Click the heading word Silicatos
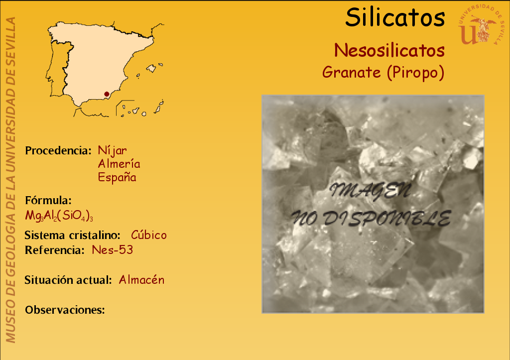395,17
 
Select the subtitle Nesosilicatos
389,50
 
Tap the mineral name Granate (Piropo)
383,73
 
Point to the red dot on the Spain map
107,94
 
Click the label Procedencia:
58,150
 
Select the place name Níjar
112,150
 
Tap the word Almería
119,164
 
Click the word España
117,178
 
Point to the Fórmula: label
48,200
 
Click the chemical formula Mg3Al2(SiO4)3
59,216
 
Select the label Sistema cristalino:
72,235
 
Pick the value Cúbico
148,235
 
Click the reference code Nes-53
112,250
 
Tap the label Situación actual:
68,280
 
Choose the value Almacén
141,280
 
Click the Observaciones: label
65,310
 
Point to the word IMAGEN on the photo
370,191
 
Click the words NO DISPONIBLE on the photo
371,218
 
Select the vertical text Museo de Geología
11,268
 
